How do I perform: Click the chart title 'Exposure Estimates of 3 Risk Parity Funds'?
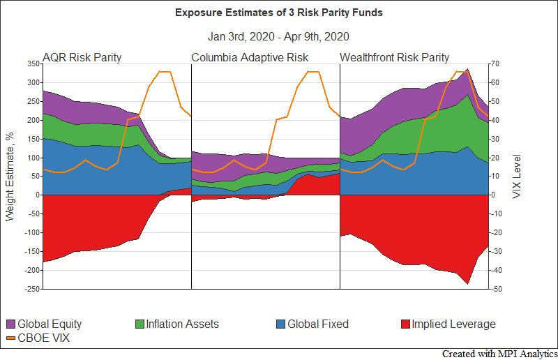[x=278, y=13]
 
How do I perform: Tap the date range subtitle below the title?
[x=278, y=36]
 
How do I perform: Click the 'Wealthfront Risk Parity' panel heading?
[x=395, y=57]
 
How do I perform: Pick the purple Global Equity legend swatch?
[x=10, y=324]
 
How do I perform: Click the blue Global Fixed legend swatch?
[x=280, y=324]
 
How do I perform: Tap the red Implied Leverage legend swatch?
[x=407, y=324]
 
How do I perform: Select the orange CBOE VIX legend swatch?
[x=10, y=338]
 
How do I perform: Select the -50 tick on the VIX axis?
[x=497, y=289]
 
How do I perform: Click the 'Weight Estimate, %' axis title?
[x=10, y=176]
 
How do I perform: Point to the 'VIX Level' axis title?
[x=517, y=176]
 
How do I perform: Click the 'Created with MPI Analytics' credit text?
[x=499, y=354]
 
